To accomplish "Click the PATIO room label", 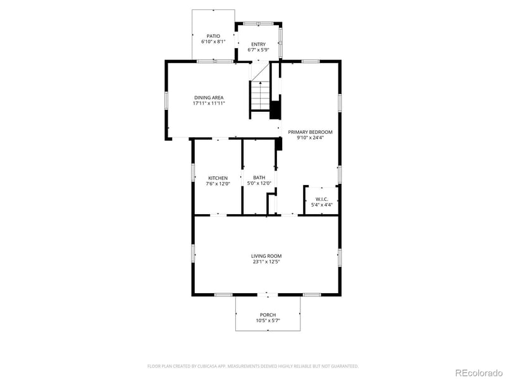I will (x=213, y=35).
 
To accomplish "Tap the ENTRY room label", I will (x=258, y=44).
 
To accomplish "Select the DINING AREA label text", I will (x=209, y=97).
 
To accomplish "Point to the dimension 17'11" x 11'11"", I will (x=209, y=104).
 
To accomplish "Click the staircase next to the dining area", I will (x=259, y=95).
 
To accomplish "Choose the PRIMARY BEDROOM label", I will (x=310, y=132).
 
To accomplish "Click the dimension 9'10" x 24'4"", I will (x=310, y=138).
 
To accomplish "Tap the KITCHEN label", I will (x=218, y=177).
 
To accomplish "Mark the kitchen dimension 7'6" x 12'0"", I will (x=218, y=184).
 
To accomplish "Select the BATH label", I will (x=259, y=177).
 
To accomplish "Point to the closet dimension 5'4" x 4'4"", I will (x=321, y=205).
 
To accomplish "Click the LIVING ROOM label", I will (x=266, y=256).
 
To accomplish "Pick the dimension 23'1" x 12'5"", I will (x=266, y=262).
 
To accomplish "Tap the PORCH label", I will (x=268, y=315).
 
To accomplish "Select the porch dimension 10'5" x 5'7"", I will (x=268, y=321).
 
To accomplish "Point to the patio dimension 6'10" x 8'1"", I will (x=213, y=42).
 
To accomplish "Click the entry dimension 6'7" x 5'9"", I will (x=258, y=50).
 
